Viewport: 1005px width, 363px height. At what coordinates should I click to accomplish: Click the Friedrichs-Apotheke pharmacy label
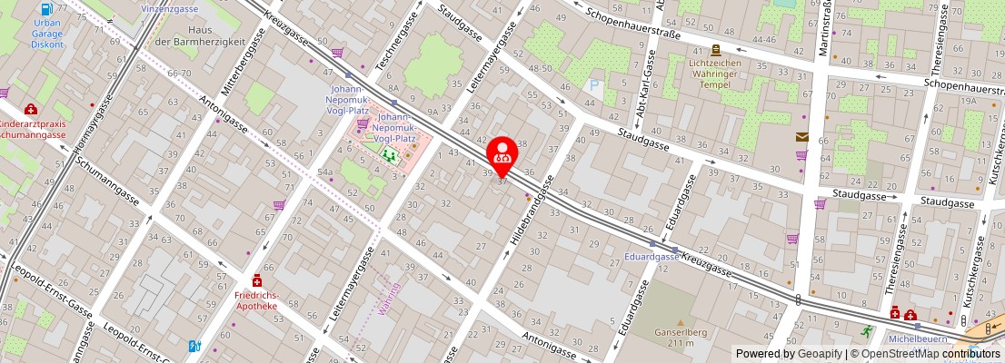pos(256,299)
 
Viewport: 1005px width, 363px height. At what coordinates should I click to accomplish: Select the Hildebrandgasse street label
pos(532,214)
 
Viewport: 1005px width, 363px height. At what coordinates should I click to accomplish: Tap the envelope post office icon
pos(801,137)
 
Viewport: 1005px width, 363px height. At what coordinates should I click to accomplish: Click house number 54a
pos(324,171)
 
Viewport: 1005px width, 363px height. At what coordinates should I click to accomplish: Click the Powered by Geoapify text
pos(788,354)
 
